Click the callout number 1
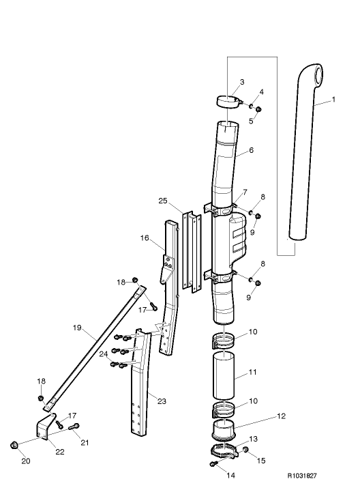coord(333,100)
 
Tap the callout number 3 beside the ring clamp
coord(241,83)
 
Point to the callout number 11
coord(252,374)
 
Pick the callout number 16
coord(144,238)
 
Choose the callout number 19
coord(78,328)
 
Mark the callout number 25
coord(162,201)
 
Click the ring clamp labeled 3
coord(229,102)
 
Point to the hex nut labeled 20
coord(14,446)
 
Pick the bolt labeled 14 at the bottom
coord(214,464)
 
